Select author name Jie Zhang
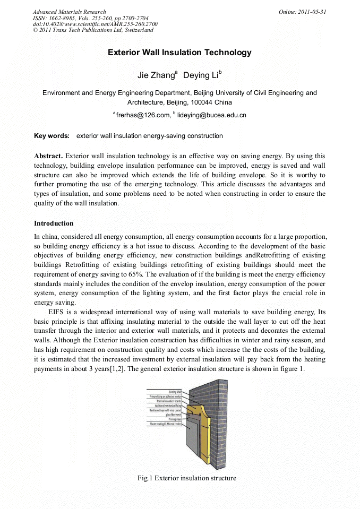click(x=156, y=76)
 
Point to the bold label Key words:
click(x=52, y=136)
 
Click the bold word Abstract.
click(x=48, y=156)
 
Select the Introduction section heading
click(x=54, y=223)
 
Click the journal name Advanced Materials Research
click(x=69, y=12)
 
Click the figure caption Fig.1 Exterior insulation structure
click(x=186, y=478)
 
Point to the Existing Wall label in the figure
click(x=172, y=392)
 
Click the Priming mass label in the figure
click(x=175, y=419)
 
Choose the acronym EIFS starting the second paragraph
click(x=57, y=312)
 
